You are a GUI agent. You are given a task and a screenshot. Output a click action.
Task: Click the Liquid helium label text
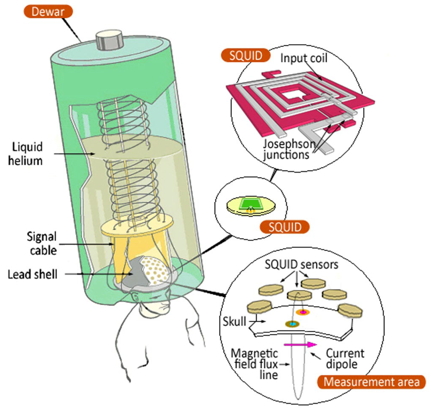(x=25, y=154)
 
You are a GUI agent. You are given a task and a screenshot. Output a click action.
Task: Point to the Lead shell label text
(x=32, y=274)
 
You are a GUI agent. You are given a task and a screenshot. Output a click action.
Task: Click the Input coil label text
(x=304, y=58)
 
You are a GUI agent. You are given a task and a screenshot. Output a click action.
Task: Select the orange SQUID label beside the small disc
(x=285, y=227)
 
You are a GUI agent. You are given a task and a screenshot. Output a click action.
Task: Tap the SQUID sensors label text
(x=301, y=265)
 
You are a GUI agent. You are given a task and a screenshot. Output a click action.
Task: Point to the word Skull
(x=234, y=322)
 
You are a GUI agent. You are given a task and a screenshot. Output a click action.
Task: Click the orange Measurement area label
(x=371, y=382)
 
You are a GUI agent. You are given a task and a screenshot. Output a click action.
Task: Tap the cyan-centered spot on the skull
(x=293, y=324)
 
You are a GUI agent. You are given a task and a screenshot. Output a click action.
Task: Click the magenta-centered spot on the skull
(x=303, y=312)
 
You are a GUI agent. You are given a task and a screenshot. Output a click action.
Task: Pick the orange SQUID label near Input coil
(x=245, y=56)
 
